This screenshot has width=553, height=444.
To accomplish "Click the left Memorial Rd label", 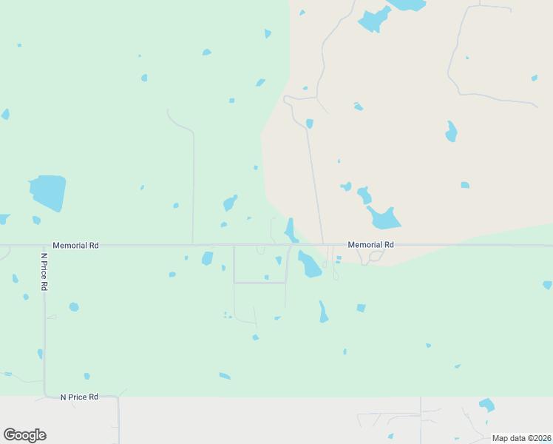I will tap(75, 245).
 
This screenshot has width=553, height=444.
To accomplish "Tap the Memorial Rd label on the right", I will tap(370, 244).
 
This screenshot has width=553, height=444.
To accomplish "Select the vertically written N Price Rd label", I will tap(44, 272).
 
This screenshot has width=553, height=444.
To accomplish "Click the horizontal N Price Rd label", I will tap(79, 397).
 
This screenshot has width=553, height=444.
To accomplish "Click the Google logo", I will tap(24, 435).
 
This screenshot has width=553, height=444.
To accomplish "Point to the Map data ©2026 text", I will tap(521, 438).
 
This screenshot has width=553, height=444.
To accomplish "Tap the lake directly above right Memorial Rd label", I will tap(384, 218).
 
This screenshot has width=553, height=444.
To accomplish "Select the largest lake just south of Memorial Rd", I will tap(309, 264).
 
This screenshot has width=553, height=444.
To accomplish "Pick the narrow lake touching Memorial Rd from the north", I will tap(291, 229).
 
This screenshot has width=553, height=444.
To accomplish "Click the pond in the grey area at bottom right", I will tap(486, 405).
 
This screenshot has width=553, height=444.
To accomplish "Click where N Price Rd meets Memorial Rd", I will tap(44, 245).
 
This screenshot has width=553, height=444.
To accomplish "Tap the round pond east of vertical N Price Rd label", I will tap(74, 307).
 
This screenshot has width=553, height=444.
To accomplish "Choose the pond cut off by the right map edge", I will tap(548, 285).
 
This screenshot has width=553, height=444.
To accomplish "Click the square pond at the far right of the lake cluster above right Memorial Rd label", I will tap(465, 185).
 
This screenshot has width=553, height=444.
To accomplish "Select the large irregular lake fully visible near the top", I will tap(374, 20).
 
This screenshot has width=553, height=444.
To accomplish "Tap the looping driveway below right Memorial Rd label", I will tap(372, 256).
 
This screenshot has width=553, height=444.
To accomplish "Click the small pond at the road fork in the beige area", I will tap(310, 124).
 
